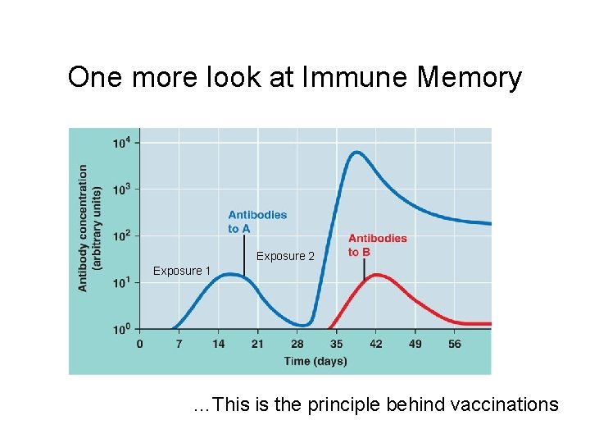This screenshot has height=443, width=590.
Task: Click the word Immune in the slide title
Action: coord(357,77)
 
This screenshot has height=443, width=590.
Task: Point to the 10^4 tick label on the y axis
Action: coord(120,144)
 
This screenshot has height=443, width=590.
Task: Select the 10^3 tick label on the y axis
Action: coord(120,190)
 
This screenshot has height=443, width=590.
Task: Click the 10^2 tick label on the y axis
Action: coord(120,236)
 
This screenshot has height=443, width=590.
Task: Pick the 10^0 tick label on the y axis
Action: coord(120,329)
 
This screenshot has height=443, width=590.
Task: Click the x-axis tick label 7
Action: coord(179,344)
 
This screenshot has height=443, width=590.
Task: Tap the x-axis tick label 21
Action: coord(257,344)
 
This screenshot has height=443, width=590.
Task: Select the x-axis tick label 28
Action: coord(297,344)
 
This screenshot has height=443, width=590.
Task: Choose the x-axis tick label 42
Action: coord(376,344)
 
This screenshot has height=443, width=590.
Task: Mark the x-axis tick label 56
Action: coord(455,344)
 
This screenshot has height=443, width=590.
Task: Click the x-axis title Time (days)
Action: coord(315,361)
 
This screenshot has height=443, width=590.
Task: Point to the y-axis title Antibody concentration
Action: coord(83,228)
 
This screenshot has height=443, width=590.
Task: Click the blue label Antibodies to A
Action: coord(257,221)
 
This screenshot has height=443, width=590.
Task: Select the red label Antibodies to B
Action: coord(377,245)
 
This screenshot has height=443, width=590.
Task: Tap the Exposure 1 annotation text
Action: coord(182,271)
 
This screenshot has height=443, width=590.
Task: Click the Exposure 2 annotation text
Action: coord(285,256)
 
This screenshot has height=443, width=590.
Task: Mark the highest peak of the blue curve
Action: coord(356,152)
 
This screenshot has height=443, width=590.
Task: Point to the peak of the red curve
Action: coord(376,275)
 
